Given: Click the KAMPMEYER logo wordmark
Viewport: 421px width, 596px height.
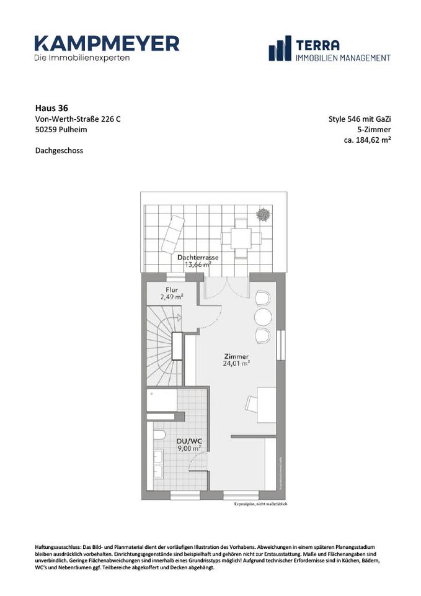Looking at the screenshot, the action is coord(107,43).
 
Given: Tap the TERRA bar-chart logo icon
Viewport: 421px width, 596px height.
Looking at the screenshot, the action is coord(280,48).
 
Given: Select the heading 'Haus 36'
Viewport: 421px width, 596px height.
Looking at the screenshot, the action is coord(48,107).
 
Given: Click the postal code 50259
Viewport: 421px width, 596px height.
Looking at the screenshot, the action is coord(46,130).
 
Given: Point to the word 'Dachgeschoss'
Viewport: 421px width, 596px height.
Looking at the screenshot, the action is coord(59,150).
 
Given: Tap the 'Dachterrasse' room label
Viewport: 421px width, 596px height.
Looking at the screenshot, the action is coord(195,257).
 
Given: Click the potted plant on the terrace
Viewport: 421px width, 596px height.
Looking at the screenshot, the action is coord(263,214).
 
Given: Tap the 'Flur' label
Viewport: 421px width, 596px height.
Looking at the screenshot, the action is coord(172,290).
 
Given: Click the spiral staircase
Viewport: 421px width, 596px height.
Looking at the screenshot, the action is coord(163,335).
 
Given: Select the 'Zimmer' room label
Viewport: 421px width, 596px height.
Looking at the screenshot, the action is coord(237,356).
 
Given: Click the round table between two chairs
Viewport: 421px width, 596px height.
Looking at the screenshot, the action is coord(263,317).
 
